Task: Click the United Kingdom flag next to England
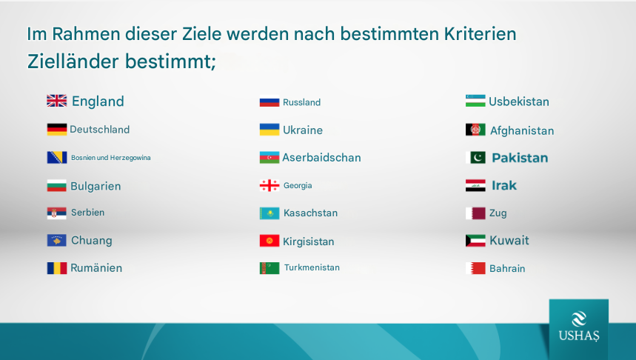pos(57,101)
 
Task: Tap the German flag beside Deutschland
pos(57,130)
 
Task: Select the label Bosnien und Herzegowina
pos(111,158)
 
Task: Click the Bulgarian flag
pos(57,185)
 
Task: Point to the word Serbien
pos(87,213)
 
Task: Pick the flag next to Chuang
pos(57,240)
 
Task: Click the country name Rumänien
pos(96,268)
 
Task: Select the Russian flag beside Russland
pos(270,101)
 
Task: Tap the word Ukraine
pos(303,130)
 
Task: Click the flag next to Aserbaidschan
pos(270,158)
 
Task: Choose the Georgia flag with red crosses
pos(270,185)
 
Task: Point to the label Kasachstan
pos(310,213)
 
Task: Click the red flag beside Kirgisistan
pos(270,241)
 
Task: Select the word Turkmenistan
pos(312,267)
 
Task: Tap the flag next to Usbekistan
pos(475,101)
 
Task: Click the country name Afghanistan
pos(522,130)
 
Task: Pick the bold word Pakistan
pos(520,158)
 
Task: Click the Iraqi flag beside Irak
pos(475,185)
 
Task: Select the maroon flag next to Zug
pos(475,213)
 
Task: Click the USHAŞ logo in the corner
pos(579,327)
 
